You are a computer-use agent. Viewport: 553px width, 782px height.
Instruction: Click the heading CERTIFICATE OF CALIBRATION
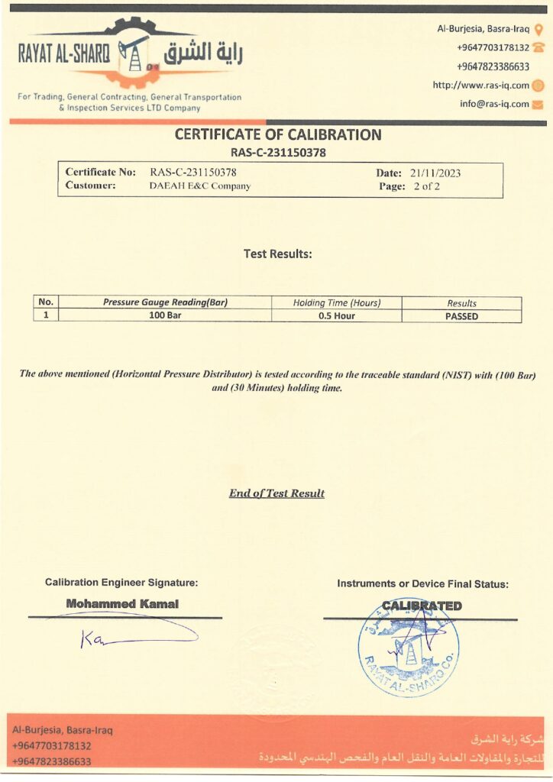click(278, 135)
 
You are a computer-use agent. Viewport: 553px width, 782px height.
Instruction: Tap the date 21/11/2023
click(435, 173)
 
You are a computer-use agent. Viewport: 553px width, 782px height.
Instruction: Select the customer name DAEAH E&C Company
click(199, 186)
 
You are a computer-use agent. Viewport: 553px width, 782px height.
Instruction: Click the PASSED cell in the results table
click(461, 316)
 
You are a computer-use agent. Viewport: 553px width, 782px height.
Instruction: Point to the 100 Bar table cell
click(164, 316)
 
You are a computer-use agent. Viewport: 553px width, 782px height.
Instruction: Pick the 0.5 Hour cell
click(336, 316)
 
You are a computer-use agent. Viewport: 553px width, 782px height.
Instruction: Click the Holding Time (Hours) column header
click(336, 303)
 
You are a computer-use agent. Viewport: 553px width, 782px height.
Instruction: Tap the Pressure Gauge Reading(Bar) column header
click(165, 303)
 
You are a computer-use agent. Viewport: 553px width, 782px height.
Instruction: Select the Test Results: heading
click(277, 254)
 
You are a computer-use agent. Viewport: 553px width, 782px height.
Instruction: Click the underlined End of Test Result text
click(276, 493)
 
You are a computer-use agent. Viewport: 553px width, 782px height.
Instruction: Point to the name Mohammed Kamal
click(122, 604)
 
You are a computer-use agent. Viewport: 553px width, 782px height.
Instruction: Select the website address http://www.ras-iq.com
click(480, 86)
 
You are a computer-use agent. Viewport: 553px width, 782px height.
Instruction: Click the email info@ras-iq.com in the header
click(494, 105)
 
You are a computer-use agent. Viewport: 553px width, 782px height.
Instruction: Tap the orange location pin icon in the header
click(538, 30)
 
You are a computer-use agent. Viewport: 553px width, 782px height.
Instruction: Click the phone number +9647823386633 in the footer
click(52, 761)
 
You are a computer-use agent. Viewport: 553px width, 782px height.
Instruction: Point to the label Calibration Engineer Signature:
click(121, 583)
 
